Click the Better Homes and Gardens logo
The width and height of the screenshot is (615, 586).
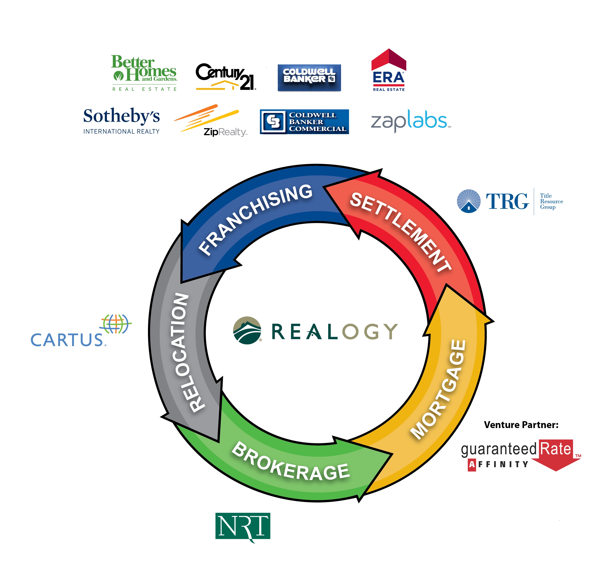(x=144, y=73)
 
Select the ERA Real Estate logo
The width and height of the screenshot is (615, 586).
(x=388, y=71)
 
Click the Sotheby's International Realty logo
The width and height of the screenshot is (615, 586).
(x=121, y=121)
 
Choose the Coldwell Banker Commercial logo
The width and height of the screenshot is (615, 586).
(x=304, y=121)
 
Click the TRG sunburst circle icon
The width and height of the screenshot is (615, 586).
(x=469, y=201)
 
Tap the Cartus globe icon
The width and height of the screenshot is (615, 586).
(x=116, y=324)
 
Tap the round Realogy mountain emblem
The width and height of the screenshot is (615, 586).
(x=247, y=330)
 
